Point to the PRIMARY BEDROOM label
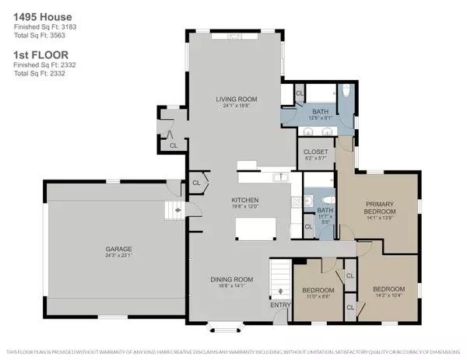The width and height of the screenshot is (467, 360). pyautogui.click(x=381, y=208)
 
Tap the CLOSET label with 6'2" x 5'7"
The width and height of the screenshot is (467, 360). pyautogui.click(x=314, y=152)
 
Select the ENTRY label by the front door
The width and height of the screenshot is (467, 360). pyautogui.click(x=279, y=305)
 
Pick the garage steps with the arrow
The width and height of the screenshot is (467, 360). pyautogui.click(x=172, y=209)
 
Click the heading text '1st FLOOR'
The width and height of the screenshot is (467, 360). pyautogui.click(x=33, y=55)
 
